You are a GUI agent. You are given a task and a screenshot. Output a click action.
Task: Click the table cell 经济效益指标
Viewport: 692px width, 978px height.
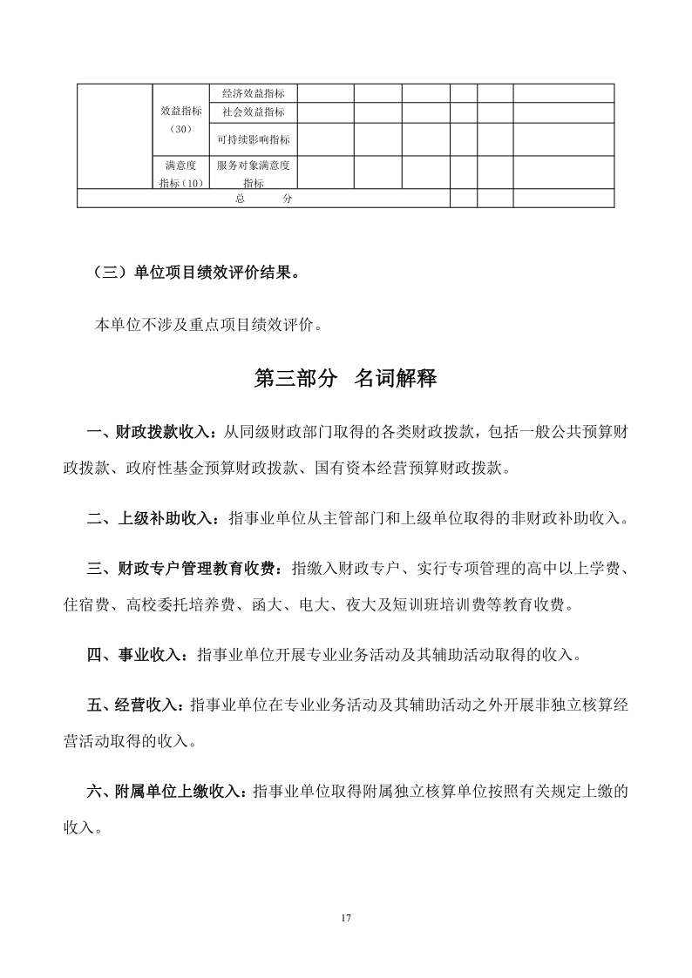click(253, 93)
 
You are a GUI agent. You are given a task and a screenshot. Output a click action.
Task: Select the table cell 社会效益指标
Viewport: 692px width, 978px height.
click(253, 112)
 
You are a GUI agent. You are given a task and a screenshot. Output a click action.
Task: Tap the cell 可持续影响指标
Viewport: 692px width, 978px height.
click(253, 139)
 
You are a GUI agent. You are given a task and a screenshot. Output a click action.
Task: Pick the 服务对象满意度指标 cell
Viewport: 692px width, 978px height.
click(253, 172)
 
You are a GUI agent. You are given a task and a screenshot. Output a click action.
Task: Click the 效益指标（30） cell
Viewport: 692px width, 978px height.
click(181, 119)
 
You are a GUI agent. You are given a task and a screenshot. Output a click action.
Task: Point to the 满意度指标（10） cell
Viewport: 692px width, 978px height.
click(181, 172)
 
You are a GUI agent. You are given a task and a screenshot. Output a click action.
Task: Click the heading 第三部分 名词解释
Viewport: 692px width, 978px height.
click(345, 378)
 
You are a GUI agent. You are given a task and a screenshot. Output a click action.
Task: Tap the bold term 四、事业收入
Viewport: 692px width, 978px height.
click(137, 655)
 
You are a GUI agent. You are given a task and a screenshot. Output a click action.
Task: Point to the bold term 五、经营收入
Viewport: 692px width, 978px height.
click(137, 705)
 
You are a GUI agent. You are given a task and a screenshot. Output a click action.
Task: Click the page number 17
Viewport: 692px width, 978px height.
click(346, 919)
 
